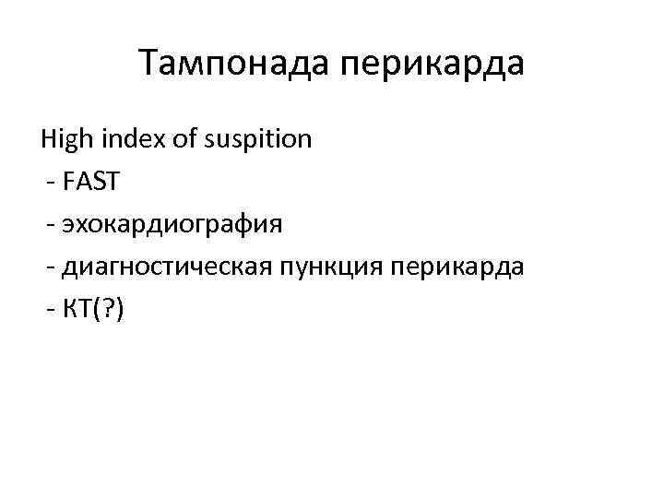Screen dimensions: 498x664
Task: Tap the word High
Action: pyautogui.click(x=65, y=140)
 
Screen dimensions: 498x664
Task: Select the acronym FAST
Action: pyautogui.click(x=91, y=183)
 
